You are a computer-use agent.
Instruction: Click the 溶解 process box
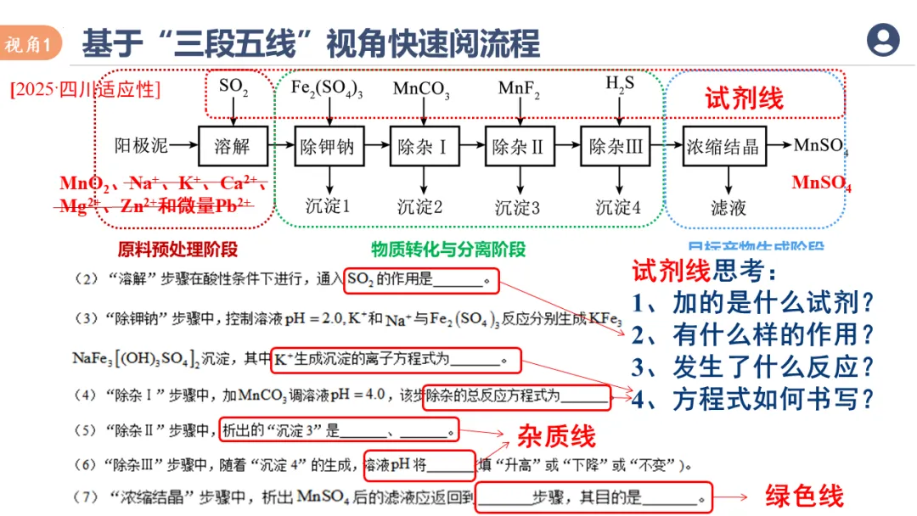pyautogui.click(x=233, y=146)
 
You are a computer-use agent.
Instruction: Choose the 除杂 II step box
pyautogui.click(x=518, y=146)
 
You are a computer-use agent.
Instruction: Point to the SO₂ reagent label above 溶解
pyautogui.click(x=233, y=86)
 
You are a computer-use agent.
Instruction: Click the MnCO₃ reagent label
pyautogui.click(x=421, y=88)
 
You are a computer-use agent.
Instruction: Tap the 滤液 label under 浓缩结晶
pyautogui.click(x=728, y=206)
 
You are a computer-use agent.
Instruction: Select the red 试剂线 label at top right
pyautogui.click(x=744, y=98)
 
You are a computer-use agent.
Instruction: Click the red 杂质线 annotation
pyautogui.click(x=557, y=436)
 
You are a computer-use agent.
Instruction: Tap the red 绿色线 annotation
pyautogui.click(x=804, y=496)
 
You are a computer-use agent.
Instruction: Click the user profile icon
pyautogui.click(x=883, y=40)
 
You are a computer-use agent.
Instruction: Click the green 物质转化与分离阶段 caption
pyautogui.click(x=448, y=249)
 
